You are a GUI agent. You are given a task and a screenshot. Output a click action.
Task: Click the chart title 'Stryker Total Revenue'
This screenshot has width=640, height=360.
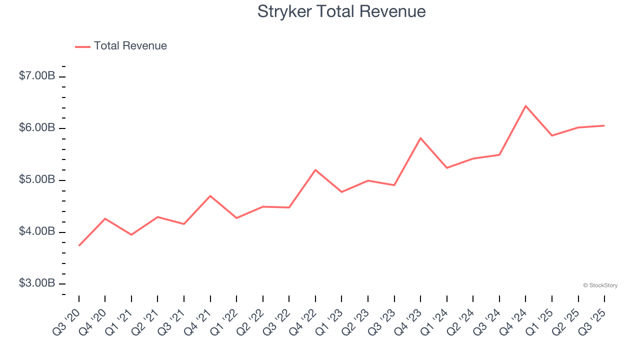pos(341,11)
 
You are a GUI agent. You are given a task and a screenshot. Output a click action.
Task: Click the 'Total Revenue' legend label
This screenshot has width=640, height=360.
pos(130,46)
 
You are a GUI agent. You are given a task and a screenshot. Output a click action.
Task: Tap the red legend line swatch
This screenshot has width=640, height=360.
pos(82,46)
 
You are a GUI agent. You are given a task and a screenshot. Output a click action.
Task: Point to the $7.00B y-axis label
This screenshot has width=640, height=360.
pos(37,76)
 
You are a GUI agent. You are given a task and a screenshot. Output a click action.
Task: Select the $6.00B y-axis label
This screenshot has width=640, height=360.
pos(37,128)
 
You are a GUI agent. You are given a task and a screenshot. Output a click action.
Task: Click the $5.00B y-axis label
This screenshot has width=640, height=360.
pos(37,179)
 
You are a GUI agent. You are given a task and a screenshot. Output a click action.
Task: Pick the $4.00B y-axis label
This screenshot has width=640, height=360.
pos(37,231)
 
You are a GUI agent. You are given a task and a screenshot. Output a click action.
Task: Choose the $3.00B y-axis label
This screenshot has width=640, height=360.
pos(37,283)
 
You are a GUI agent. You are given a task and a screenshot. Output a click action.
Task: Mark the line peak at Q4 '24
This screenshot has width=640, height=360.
pos(525,106)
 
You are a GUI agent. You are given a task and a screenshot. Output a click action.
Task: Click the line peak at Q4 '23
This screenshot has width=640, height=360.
pos(420,138)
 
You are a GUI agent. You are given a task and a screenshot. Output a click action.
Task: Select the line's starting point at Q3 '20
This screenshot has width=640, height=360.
pos(79,245)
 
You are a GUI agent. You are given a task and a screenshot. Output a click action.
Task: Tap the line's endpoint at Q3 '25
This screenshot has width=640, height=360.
pos(604,125)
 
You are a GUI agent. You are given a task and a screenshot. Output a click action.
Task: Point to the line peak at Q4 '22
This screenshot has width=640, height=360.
pos(315,170)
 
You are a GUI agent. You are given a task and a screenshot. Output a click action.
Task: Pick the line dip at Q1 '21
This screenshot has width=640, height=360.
pos(131,234)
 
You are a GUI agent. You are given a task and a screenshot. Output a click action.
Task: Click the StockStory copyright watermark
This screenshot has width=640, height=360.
pos(600,285)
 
